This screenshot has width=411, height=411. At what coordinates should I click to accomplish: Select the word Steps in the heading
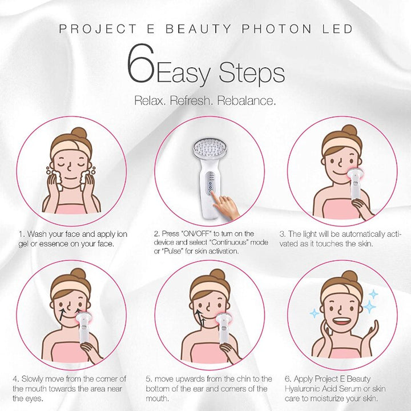[x=251, y=72]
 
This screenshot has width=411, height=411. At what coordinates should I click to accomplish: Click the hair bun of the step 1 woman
[x=79, y=134]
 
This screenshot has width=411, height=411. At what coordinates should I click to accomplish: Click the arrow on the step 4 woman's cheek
[x=65, y=312]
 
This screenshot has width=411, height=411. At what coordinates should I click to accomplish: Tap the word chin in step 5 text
[x=243, y=379]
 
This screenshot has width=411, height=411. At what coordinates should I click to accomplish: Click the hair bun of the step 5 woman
[x=216, y=275]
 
